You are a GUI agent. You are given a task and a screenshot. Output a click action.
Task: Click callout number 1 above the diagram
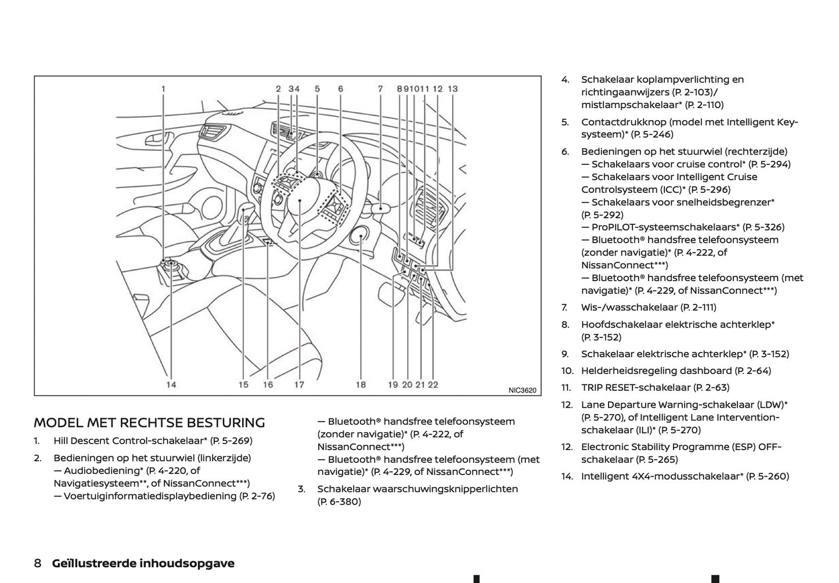[163, 89]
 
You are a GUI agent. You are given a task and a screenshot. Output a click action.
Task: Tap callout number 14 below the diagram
[171, 384]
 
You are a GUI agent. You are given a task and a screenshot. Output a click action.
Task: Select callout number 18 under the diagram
[361, 384]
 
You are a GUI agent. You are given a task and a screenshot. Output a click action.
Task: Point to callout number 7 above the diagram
[380, 89]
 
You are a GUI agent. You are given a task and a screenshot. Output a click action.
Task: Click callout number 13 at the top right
[453, 89]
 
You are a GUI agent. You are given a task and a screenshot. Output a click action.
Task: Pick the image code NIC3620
[522, 390]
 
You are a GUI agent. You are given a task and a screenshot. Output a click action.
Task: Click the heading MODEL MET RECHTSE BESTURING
[149, 423]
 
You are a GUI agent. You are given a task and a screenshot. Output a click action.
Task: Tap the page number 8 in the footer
[38, 563]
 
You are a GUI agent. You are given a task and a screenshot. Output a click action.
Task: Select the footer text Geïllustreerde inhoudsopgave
[143, 563]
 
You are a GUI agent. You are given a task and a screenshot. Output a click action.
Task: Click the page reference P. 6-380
[339, 502]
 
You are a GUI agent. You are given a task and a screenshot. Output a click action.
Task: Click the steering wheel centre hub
[300, 200]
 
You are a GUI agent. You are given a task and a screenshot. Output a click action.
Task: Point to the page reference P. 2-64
[752, 370]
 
